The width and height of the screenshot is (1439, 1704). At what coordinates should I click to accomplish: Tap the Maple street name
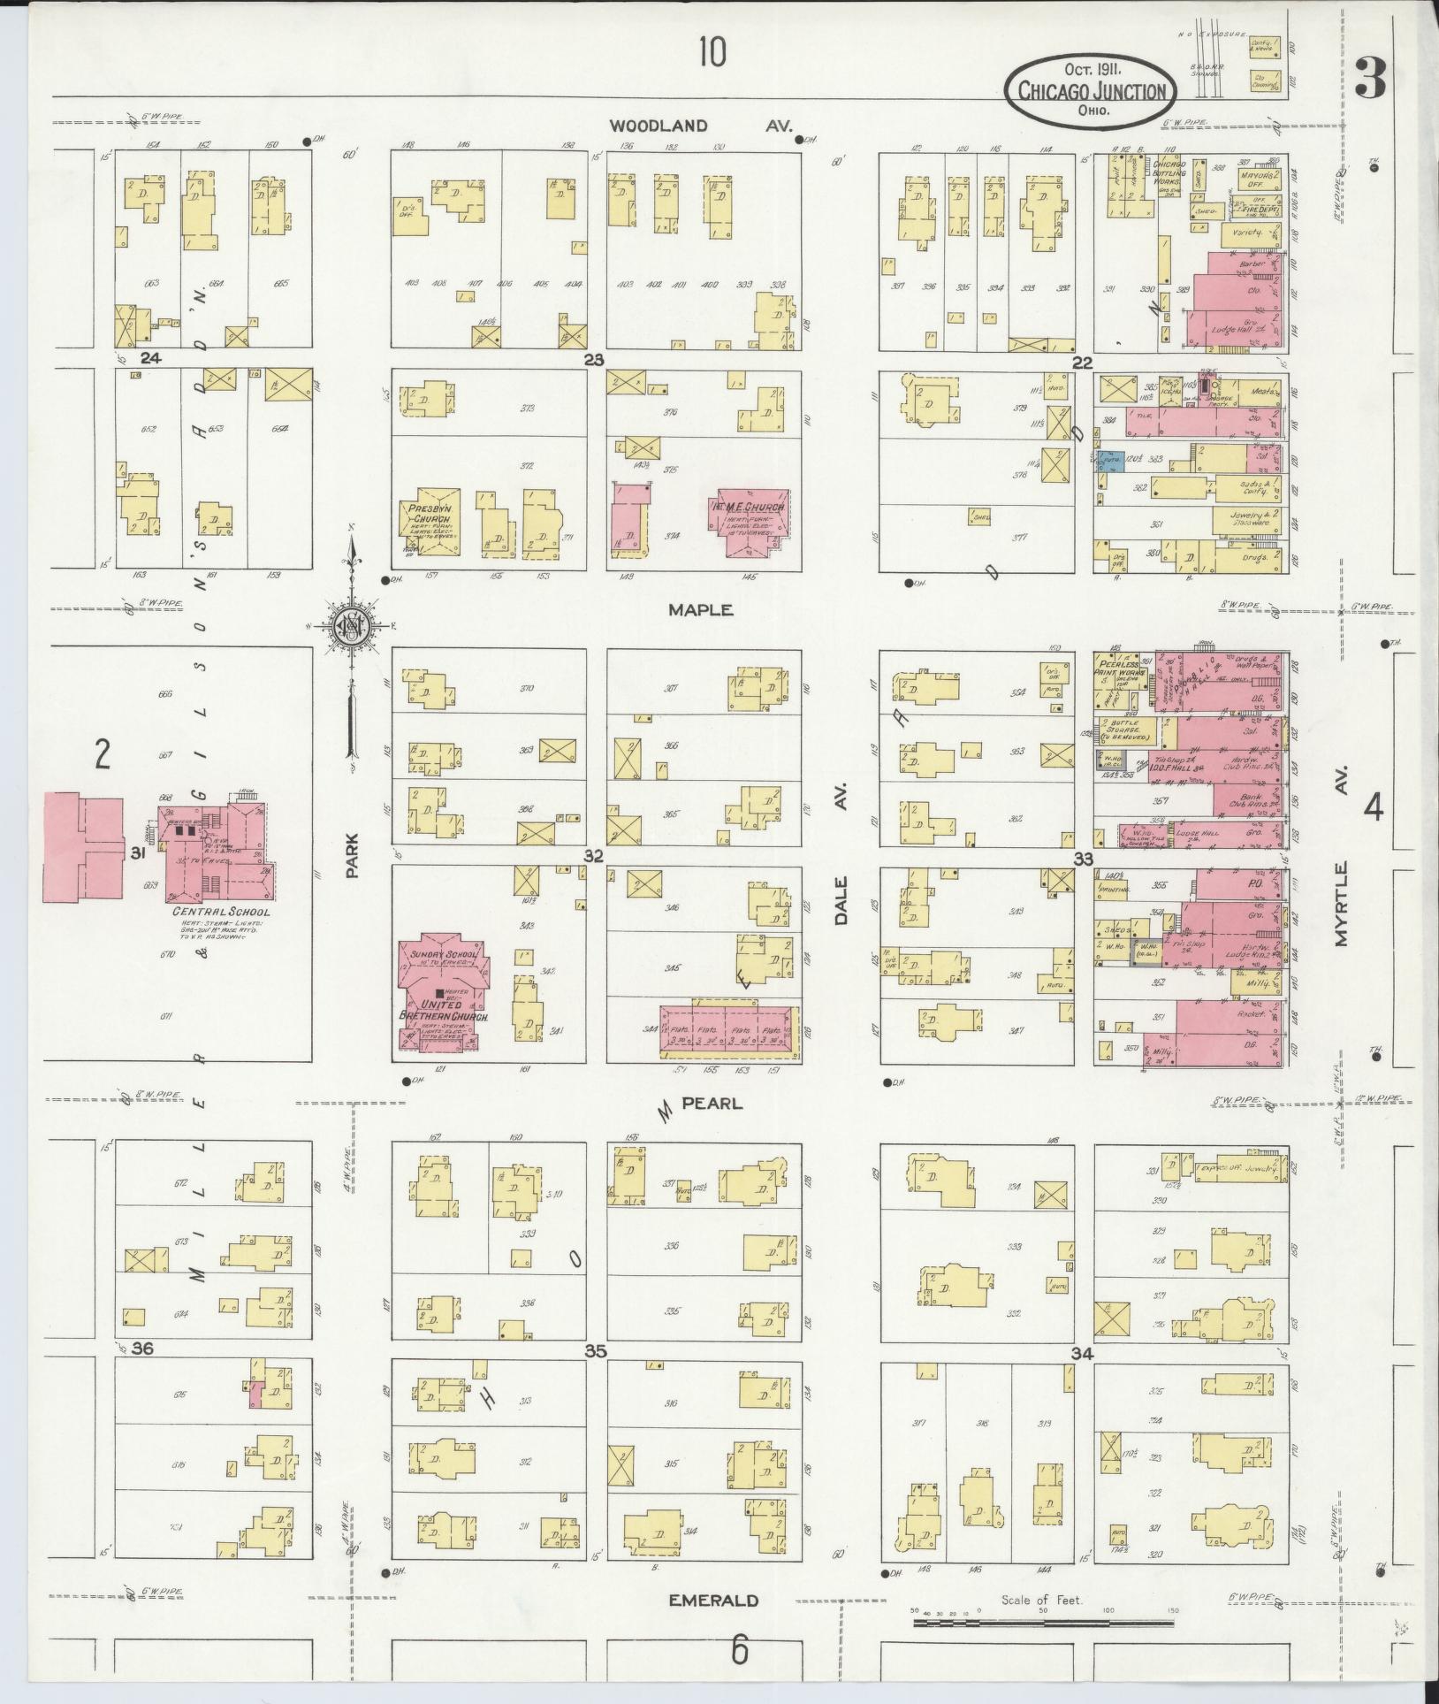point(701,610)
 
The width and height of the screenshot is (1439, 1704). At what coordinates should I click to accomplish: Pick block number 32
point(593,856)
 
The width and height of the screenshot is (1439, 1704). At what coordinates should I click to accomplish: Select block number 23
point(593,359)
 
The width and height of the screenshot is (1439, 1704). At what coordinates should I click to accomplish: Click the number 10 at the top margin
point(712,54)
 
